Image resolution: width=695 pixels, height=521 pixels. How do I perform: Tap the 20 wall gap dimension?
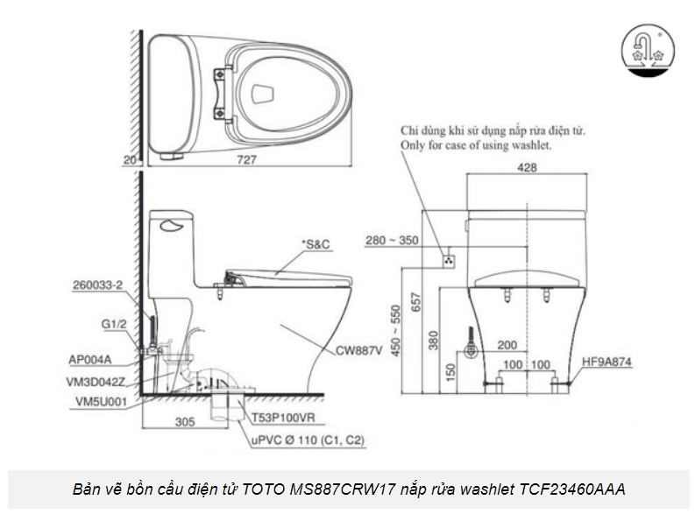(x=130, y=160)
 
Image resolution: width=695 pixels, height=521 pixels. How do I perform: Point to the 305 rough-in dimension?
(x=183, y=421)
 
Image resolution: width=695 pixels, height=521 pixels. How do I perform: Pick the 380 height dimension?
(x=433, y=340)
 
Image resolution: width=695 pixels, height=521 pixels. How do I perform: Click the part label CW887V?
(x=358, y=350)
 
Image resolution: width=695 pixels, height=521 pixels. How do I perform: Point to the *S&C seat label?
(x=314, y=244)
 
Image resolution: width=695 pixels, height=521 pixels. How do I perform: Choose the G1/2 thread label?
(x=113, y=323)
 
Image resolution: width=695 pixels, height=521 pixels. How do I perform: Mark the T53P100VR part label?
(x=286, y=419)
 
